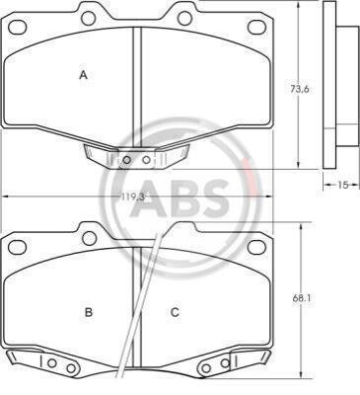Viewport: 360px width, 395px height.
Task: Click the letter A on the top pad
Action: pyautogui.click(x=84, y=75)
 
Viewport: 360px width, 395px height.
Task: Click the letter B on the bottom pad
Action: pyautogui.click(x=89, y=311)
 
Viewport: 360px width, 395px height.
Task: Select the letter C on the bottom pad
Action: pyautogui.click(x=175, y=311)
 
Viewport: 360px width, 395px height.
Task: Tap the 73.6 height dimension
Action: pyautogui.click(x=300, y=89)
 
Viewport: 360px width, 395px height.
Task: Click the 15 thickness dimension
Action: pyautogui.click(x=342, y=186)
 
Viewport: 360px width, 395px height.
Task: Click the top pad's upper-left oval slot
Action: pyautogui.click(x=17, y=27)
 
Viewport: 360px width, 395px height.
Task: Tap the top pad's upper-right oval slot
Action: pyautogui.click(x=256, y=27)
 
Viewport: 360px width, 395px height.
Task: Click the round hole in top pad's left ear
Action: pyautogui.click(x=89, y=18)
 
